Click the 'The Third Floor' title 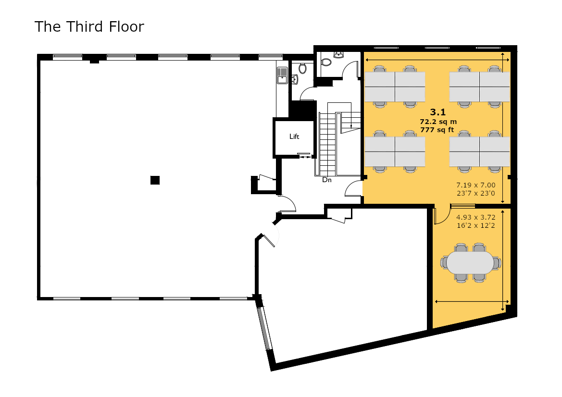tap(89, 26)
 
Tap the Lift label tap(294, 136)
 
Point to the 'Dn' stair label tap(327, 180)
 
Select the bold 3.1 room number tap(438, 112)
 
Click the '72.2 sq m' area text tap(438, 122)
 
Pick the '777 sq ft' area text tap(437, 130)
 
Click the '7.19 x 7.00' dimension tap(475, 185)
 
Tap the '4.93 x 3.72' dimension tap(475, 217)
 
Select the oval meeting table tap(471, 262)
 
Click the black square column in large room tap(155, 180)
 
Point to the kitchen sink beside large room tap(282, 75)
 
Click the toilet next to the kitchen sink tap(303, 68)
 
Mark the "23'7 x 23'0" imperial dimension tap(475, 193)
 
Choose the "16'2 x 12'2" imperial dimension tap(475, 225)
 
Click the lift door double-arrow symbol tap(305, 157)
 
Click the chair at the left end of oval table tap(444, 262)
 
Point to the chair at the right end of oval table tap(497, 262)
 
